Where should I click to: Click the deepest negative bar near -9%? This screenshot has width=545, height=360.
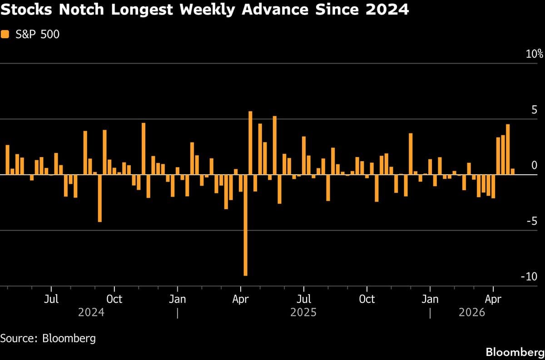tap(246, 225)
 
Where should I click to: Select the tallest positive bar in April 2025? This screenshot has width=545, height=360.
tap(250, 143)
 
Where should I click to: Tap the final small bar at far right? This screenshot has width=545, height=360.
tap(513, 172)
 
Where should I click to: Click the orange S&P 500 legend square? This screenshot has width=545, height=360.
tap(5, 34)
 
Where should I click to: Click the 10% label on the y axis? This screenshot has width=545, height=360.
tap(534, 54)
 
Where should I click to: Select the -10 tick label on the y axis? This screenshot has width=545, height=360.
tap(531, 277)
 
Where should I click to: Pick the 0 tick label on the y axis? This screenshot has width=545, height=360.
tap(535, 165)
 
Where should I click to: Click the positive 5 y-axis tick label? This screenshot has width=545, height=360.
tap(535, 110)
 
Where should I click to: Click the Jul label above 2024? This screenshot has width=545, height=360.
tap(51, 300)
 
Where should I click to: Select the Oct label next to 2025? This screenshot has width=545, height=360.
tap(367, 300)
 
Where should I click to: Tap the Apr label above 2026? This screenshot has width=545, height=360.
tap(493, 300)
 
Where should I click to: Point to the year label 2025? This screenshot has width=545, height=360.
tap(303, 313)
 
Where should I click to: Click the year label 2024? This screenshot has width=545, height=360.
tap(91, 313)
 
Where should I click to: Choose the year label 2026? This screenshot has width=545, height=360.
tap(472, 313)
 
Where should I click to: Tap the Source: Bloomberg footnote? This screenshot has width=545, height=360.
tap(48, 338)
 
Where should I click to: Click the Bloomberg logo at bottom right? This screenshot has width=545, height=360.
tap(514, 352)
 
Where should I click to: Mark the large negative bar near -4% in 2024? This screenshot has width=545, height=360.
tap(100, 198)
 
